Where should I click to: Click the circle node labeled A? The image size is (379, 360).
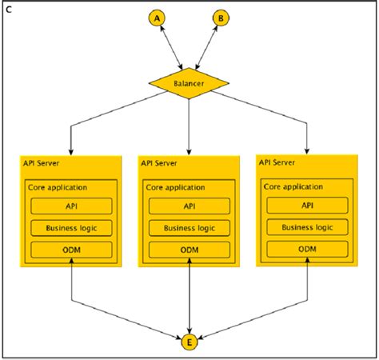[157, 17]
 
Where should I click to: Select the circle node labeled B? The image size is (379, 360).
[221, 17]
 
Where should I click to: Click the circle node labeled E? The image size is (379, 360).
[189, 343]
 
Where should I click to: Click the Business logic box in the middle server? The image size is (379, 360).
[189, 228]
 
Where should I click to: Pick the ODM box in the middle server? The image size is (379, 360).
[189, 250]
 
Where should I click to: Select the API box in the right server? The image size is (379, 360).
[307, 206]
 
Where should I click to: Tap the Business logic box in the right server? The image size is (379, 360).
[307, 227]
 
